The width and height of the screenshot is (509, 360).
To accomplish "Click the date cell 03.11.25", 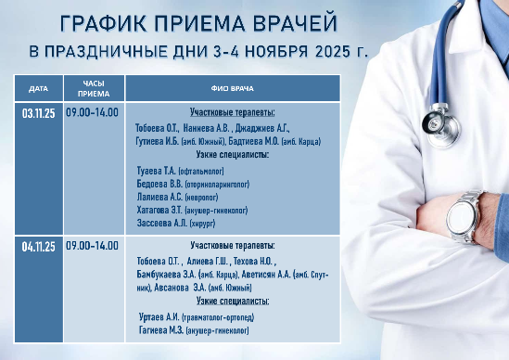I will point(38,113).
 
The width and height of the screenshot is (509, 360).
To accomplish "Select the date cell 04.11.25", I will point(38,246).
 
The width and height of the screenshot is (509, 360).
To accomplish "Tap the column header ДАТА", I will point(38,89).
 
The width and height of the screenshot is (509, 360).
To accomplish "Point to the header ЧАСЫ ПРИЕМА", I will point(93,89).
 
